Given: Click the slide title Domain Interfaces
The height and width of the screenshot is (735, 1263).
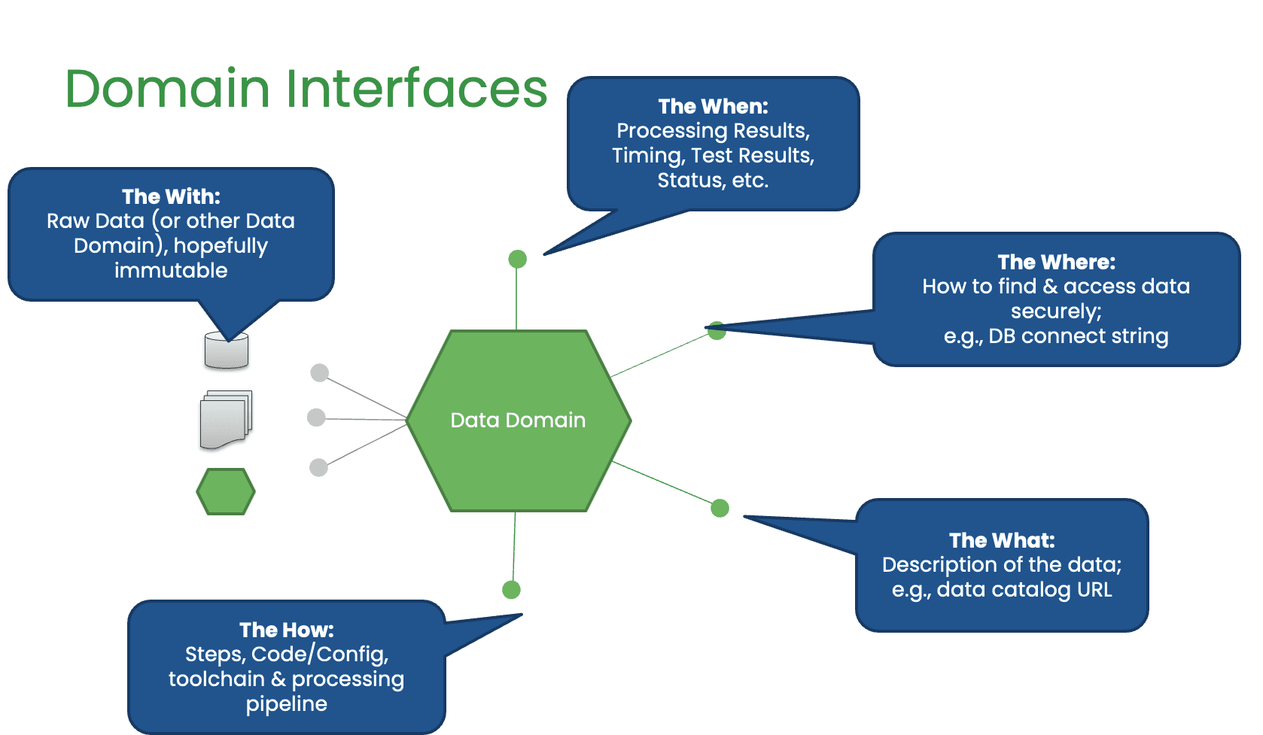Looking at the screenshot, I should tap(306, 89).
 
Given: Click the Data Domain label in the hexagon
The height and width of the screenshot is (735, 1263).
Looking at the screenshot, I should tap(518, 420).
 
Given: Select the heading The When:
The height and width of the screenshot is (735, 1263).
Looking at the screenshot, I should tap(713, 106).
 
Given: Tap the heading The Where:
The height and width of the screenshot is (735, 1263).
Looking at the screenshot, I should tap(1056, 262).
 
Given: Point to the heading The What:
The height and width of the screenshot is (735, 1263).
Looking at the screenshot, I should tap(1002, 540).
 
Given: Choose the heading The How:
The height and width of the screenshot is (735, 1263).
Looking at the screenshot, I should tap(286, 630).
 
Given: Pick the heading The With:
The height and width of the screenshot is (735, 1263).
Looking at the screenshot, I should tap(171, 196).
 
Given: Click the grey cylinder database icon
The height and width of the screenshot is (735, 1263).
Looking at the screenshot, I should tap(227, 351).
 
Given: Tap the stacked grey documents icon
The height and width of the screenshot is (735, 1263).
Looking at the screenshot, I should tap(226, 419).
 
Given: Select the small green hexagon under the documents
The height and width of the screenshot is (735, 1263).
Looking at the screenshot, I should tap(226, 492).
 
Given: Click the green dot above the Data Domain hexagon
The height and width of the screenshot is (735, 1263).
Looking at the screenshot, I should tap(517, 260).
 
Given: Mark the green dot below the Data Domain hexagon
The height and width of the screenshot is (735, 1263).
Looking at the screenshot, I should tap(511, 590).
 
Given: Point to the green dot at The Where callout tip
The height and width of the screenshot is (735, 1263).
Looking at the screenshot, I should tap(717, 330).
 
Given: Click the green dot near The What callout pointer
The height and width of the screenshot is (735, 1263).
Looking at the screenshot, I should tap(720, 509).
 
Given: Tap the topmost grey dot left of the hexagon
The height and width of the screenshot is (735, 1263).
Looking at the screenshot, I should tap(320, 372).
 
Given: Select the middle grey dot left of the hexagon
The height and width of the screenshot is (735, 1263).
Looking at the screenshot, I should tap(317, 418).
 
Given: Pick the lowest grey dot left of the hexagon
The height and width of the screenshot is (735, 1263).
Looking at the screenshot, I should tap(319, 468).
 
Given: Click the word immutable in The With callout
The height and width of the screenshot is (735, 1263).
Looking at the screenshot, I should tap(171, 270).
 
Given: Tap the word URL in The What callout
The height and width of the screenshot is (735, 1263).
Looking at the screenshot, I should tap(1094, 589).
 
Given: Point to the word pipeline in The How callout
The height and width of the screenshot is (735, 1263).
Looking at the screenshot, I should tap(286, 703).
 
